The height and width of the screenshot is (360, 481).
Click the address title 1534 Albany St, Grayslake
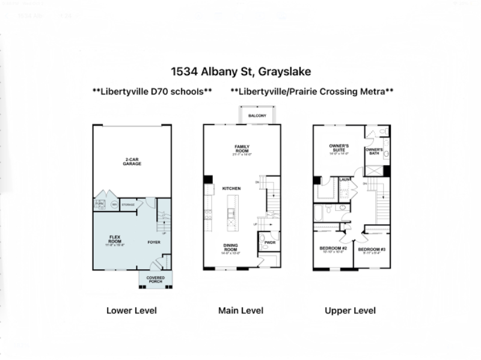pyautogui.click(x=240, y=72)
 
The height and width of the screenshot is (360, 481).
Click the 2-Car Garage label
pyautogui.click(x=132, y=162)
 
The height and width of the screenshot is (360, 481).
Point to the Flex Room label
pyautogui.click(x=115, y=240)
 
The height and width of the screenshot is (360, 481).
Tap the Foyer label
pyautogui.click(x=155, y=242)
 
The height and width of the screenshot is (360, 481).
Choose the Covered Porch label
pyautogui.click(x=155, y=279)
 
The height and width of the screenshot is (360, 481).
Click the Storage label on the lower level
pyautogui.click(x=128, y=205)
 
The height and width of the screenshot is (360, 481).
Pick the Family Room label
pyautogui.click(x=242, y=148)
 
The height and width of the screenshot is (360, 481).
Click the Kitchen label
pyautogui.click(x=231, y=189)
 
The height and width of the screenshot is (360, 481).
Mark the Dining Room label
pyautogui.click(x=231, y=248)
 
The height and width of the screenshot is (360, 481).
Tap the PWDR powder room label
pyautogui.click(x=269, y=243)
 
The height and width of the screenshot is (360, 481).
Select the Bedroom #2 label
pyautogui.click(x=332, y=249)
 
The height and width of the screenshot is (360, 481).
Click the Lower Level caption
pyautogui.click(x=132, y=311)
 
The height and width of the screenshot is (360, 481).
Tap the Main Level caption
pyautogui.click(x=240, y=311)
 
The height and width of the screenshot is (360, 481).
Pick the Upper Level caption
pyautogui.click(x=350, y=311)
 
